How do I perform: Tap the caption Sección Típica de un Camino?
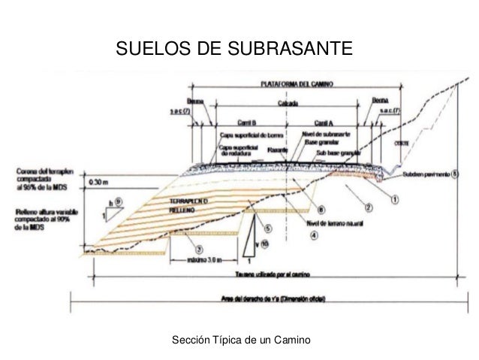coord(240,341)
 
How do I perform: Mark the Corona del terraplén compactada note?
coord(41,175)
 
